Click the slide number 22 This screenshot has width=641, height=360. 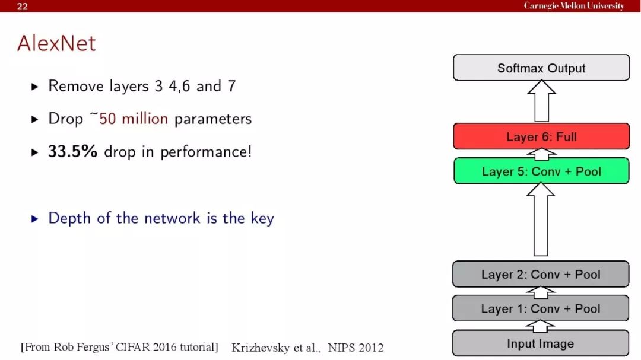(x=22, y=6)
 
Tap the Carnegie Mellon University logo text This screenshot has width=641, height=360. (x=574, y=6)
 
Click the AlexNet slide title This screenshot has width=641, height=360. (x=56, y=43)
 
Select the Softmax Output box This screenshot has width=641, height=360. (x=541, y=68)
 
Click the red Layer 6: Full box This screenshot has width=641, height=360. (x=541, y=136)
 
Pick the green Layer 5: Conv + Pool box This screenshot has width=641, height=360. (x=541, y=171)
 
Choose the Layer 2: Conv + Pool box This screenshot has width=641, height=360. (x=541, y=274)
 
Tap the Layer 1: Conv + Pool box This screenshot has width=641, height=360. (x=541, y=308)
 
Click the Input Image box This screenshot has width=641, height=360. (x=541, y=343)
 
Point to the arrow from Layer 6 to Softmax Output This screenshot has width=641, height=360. (x=541, y=101)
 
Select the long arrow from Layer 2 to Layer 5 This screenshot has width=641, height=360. (x=541, y=219)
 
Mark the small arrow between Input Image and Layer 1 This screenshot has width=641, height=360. (x=540, y=326)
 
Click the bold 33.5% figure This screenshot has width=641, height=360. (x=73, y=151)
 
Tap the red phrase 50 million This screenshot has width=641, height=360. (x=134, y=119)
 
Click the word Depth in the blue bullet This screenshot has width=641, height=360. (x=69, y=219)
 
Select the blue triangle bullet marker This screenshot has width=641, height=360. (x=35, y=219)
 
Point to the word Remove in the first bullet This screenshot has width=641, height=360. (x=75, y=86)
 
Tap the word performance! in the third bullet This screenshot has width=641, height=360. (x=205, y=152)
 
